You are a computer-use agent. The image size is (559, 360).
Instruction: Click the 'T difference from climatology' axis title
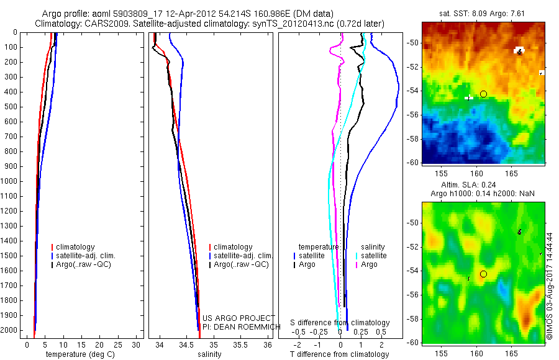[339, 354]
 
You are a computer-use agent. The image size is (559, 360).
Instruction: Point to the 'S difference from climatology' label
[340, 323]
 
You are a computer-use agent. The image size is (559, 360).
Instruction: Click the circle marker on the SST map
[483, 94]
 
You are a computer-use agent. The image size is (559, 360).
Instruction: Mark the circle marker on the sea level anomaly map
[483, 274]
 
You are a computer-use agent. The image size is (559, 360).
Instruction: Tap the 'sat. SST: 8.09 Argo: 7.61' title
[483, 13]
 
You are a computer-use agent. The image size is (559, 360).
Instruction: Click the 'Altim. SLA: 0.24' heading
[483, 185]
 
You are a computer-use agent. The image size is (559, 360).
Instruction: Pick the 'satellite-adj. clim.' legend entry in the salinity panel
[242, 256]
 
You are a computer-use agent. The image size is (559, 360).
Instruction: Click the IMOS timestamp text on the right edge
[550, 286]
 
